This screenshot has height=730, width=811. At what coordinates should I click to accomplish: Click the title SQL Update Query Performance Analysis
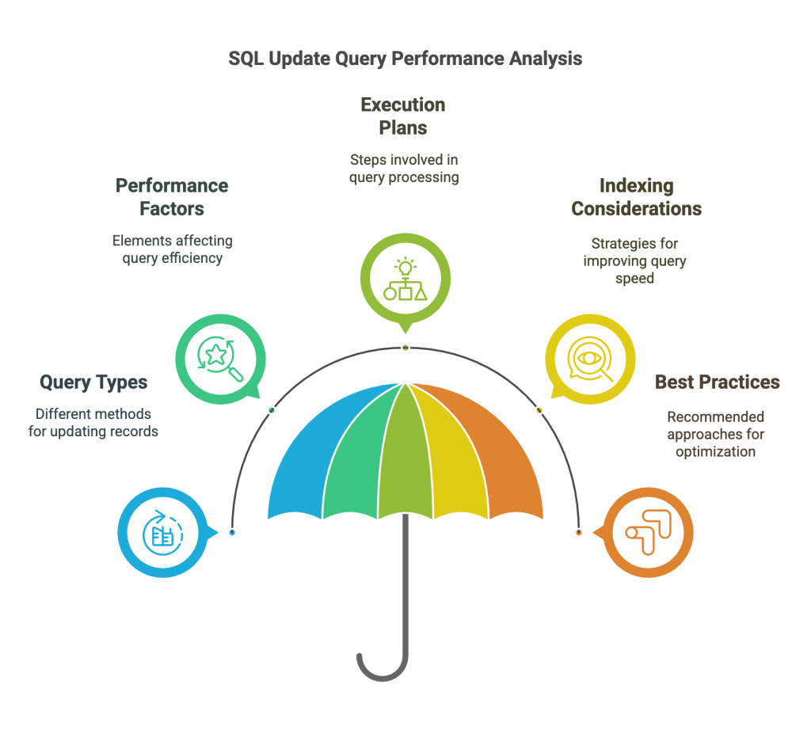click(x=405, y=59)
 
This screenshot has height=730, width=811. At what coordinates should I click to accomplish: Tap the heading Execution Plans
click(x=403, y=116)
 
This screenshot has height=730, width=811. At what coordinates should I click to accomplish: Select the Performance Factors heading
click(x=172, y=197)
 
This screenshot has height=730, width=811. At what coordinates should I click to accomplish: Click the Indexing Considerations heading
click(x=636, y=197)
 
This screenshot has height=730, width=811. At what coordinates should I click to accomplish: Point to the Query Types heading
click(x=93, y=382)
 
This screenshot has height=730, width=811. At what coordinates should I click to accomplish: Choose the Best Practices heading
click(x=717, y=382)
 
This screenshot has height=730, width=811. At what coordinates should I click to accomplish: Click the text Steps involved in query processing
click(x=404, y=169)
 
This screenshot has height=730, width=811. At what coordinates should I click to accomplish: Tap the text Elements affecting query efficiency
click(x=172, y=249)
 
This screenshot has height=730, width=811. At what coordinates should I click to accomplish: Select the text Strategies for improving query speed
click(x=634, y=260)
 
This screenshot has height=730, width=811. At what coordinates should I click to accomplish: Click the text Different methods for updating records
click(x=93, y=422)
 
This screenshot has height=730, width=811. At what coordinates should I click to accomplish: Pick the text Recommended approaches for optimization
click(x=716, y=434)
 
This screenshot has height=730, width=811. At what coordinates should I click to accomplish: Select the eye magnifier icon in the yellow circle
click(x=589, y=359)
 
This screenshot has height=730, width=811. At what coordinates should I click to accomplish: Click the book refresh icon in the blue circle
click(x=162, y=533)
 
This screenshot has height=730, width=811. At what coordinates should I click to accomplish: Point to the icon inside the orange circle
click(x=648, y=533)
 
